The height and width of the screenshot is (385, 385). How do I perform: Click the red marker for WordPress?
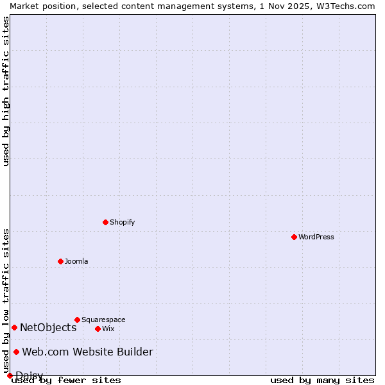294,237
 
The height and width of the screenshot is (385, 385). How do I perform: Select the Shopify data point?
105,222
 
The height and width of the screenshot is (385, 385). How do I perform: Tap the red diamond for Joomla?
60,261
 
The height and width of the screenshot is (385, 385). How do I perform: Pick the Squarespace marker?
77,320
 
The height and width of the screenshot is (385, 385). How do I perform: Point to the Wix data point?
98,329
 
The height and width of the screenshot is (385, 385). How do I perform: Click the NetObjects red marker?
14,327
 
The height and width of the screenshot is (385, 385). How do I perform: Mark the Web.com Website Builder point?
17,352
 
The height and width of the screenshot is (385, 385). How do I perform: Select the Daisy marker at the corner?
10,375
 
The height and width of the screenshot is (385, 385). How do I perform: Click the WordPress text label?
316,237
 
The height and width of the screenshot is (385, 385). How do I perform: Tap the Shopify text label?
122,222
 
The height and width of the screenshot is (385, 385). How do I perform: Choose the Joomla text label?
76,261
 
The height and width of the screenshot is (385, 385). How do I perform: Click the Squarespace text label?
103,320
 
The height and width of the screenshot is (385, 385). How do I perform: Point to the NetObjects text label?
48,327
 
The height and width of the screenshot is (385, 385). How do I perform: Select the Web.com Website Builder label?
87,352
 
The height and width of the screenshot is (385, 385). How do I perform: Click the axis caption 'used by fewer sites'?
66,380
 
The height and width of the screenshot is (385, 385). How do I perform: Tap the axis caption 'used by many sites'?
322,380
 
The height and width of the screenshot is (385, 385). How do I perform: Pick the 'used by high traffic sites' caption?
6,91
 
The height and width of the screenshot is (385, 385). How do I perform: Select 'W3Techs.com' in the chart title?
348,6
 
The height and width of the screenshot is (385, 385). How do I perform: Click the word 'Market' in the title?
23,6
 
